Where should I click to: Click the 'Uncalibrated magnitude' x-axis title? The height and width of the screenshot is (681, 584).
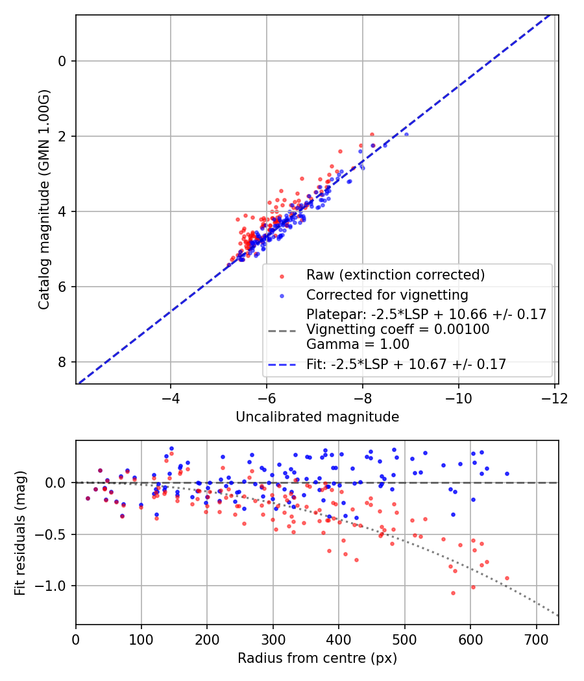pos(317,416)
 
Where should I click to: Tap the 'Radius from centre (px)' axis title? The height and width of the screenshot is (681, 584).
pos(317,658)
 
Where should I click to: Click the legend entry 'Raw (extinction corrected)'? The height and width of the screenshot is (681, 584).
pos(395,275)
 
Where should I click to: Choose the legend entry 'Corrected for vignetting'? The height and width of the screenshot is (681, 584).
pos(387,295)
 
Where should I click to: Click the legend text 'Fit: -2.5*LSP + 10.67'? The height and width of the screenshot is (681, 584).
pos(406,364)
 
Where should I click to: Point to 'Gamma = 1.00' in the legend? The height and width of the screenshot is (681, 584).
pos(347,344)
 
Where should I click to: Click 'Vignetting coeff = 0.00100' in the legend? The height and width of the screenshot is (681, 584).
pos(398,329)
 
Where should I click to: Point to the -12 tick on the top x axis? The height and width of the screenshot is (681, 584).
pos(554,396)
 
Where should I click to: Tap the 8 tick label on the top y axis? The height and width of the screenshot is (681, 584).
pos(62,362)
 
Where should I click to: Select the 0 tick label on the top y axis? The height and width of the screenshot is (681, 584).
pos(62,61)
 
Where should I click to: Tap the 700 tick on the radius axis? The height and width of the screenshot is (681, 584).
pos(536,638)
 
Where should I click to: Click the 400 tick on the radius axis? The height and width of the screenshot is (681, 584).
pos(339,638)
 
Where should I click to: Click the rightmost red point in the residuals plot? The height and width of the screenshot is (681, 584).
pos(507,578)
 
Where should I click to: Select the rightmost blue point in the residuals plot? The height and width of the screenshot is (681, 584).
pos(507,473)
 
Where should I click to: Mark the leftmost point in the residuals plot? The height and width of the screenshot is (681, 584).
pos(88,498)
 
